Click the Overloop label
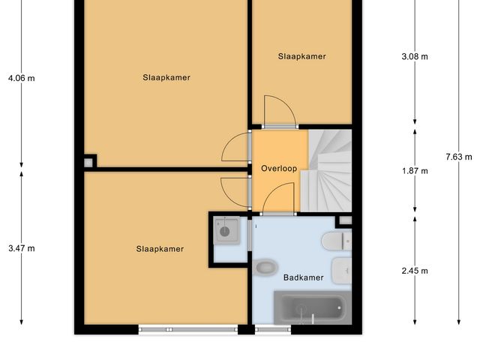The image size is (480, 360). (280, 169)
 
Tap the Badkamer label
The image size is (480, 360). (303, 277)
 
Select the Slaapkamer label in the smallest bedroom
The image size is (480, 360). (301, 56)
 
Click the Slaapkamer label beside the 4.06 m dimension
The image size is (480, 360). (166, 77)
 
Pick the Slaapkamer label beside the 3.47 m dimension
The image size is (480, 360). (160, 249)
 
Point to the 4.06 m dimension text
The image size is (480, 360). (21, 77)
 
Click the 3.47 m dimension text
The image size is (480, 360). (21, 248)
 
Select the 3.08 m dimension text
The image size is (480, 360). (415, 56)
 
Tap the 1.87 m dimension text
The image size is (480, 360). (415, 171)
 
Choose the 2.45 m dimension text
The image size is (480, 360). (415, 271)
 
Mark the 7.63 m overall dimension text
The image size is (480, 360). (458, 157)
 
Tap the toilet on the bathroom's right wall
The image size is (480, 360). (334, 241)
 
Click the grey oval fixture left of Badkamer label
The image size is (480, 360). (266, 266)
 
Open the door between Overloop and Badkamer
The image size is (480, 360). (279, 199)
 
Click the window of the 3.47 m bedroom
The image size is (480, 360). (187, 329)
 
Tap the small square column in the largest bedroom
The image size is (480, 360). (89, 161)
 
